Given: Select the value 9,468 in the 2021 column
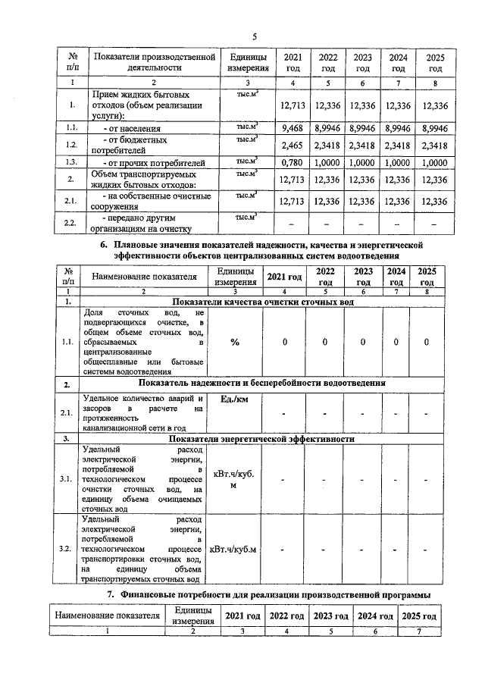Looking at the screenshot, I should (292, 128).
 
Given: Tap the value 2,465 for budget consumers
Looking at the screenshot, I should (292, 146).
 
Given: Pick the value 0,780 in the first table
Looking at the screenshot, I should (292, 162).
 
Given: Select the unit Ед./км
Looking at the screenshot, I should (234, 399).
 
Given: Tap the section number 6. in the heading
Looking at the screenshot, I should (105, 245).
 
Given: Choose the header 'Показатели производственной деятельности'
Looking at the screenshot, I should (155, 62).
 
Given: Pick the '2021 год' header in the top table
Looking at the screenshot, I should (292, 62).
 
